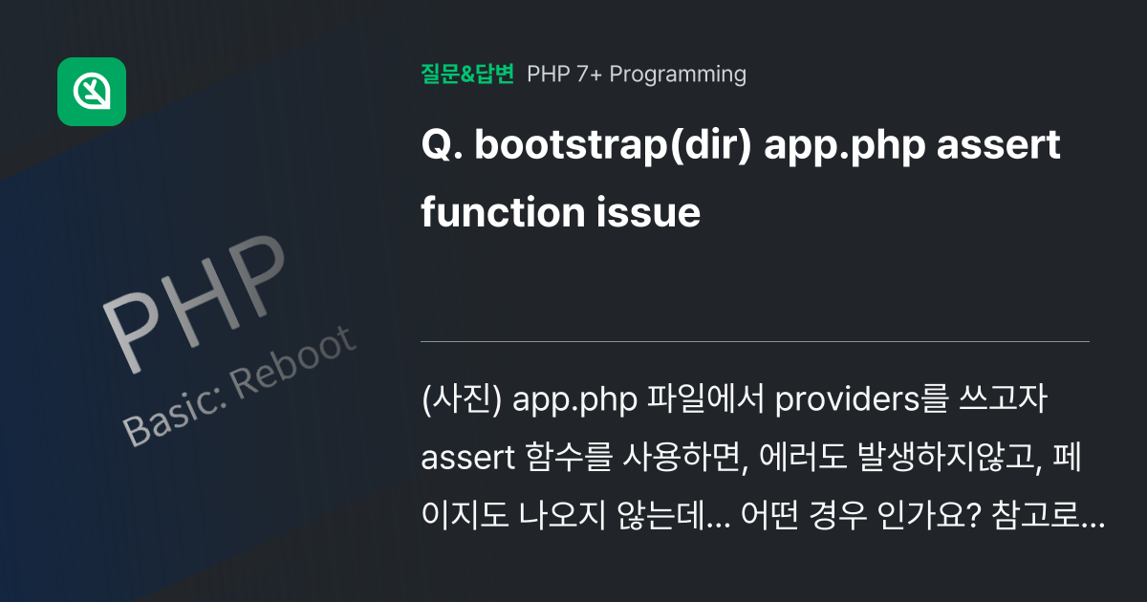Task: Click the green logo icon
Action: tap(92, 92)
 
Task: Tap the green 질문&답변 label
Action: tap(467, 74)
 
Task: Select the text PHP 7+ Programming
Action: tap(637, 74)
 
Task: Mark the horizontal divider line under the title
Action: tap(755, 341)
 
